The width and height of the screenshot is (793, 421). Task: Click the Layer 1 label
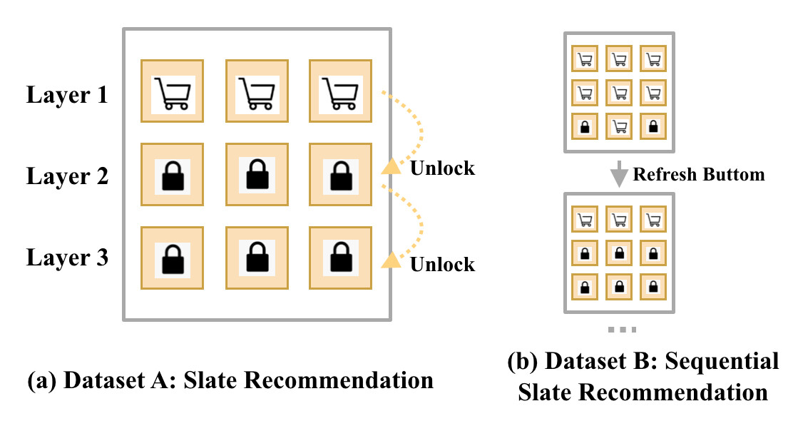click(67, 95)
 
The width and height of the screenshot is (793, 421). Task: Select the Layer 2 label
click(67, 176)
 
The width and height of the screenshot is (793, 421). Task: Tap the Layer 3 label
click(67, 257)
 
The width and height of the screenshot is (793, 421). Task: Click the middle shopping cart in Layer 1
click(257, 93)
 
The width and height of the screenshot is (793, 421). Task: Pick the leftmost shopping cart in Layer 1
click(173, 93)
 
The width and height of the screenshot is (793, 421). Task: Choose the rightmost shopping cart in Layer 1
click(340, 93)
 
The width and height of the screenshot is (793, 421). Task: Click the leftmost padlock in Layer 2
click(173, 176)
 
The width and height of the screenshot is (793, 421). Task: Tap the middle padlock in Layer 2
click(257, 175)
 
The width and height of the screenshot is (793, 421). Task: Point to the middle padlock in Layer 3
click(257, 257)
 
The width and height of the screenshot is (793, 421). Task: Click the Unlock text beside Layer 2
click(443, 168)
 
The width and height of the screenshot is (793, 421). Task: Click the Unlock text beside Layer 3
click(443, 264)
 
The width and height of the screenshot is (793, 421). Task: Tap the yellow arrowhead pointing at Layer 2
click(391, 166)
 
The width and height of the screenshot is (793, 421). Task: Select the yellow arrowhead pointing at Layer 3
click(391, 260)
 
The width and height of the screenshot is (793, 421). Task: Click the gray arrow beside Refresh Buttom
click(618, 174)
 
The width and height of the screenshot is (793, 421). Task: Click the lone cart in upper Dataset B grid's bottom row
click(619, 126)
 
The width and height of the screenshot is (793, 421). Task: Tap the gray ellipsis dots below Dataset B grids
click(622, 330)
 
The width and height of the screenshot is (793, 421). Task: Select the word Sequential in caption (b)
click(722, 361)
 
